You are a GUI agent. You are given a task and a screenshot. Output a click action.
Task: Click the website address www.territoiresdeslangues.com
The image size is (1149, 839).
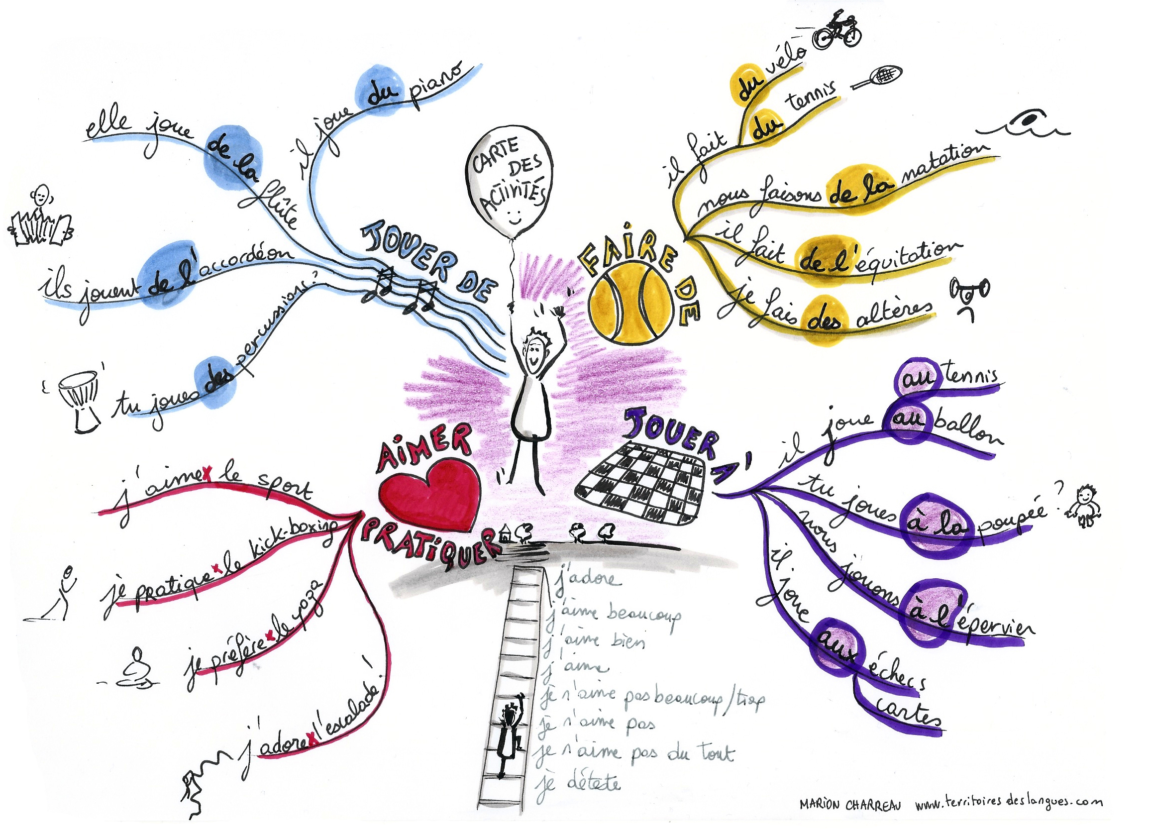tap(1008, 803)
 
